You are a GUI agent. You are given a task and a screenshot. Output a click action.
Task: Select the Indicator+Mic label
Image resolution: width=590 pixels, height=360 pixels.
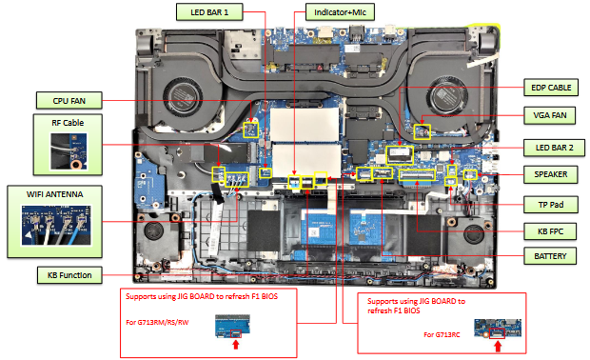tap(341, 12)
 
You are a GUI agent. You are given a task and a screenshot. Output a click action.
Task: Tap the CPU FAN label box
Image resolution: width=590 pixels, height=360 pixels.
tap(69, 99)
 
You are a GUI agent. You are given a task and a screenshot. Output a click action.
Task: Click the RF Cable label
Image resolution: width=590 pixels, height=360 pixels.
tap(68, 123)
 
